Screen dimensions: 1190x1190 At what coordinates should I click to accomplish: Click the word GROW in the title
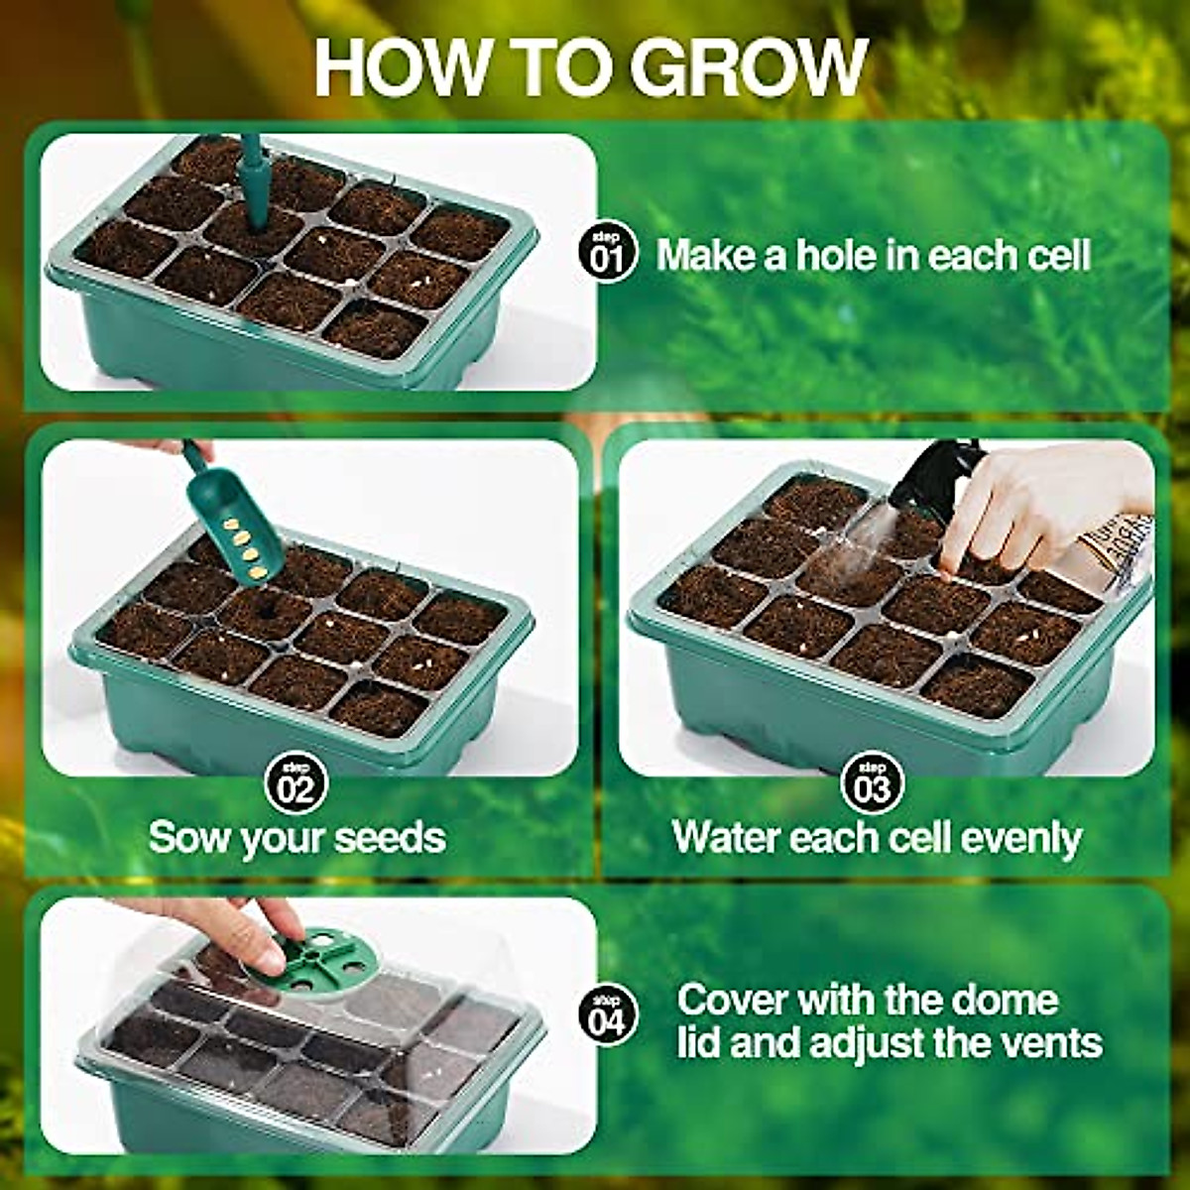point(749,67)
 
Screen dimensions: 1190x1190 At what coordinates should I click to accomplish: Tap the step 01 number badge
point(606,253)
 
